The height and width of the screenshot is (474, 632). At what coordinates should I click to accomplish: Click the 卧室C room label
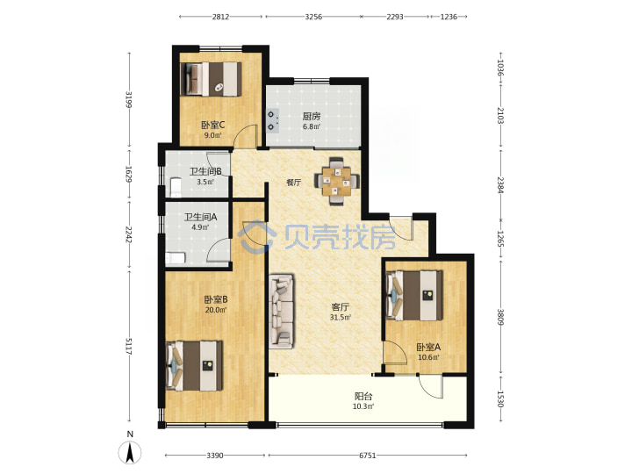click(212, 125)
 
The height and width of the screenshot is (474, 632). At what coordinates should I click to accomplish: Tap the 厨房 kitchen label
click(312, 116)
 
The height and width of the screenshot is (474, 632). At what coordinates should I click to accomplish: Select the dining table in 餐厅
click(337, 181)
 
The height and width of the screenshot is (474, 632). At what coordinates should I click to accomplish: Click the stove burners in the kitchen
click(272, 121)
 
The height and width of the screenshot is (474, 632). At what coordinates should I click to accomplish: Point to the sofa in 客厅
click(282, 311)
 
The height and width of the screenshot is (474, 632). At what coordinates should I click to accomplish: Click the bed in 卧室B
click(194, 365)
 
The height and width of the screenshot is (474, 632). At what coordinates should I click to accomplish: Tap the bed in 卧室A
click(414, 296)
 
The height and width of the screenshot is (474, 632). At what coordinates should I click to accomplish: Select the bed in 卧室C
click(211, 79)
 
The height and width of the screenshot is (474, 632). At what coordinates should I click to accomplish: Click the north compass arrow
click(130, 452)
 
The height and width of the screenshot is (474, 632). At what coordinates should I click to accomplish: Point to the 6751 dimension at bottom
click(368, 456)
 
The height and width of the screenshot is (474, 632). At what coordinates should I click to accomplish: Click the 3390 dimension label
click(215, 456)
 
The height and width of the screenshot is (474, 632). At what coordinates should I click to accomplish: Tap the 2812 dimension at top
click(221, 17)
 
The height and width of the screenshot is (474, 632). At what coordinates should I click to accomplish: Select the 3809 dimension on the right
click(500, 317)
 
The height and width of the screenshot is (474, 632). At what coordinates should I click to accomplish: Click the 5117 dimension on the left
click(129, 346)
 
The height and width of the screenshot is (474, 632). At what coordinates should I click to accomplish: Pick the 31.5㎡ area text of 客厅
click(341, 317)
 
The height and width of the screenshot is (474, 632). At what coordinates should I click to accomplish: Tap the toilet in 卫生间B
click(176, 188)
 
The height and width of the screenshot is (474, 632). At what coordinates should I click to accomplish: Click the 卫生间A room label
click(201, 218)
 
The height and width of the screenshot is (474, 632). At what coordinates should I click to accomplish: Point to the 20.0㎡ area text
click(215, 310)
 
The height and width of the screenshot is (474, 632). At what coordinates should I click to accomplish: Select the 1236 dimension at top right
click(449, 17)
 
